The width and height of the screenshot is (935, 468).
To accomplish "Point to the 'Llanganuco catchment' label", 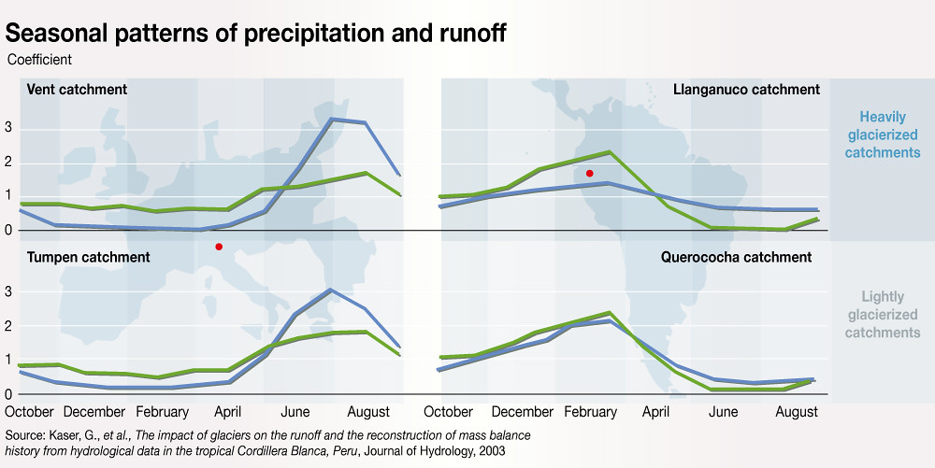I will click(x=746, y=90).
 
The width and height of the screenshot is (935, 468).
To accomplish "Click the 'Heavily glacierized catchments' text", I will click(x=883, y=135).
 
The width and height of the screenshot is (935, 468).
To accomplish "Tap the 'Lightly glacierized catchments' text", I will click(x=883, y=315).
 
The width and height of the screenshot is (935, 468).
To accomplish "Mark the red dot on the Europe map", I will click(x=219, y=247).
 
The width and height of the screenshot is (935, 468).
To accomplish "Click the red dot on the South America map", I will click(x=589, y=174).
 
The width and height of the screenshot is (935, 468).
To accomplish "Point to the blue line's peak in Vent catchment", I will click(x=333, y=119).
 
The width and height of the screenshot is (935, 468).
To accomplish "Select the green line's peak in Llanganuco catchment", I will click(x=610, y=152).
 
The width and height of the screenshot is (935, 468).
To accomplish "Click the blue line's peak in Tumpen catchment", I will click(x=331, y=290).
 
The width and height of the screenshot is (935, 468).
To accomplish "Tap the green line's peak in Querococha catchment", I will click(x=610, y=313).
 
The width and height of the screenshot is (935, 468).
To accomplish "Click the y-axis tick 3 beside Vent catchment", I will click(x=9, y=127).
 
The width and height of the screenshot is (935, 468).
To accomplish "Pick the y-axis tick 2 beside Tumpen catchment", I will click(x=9, y=326).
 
